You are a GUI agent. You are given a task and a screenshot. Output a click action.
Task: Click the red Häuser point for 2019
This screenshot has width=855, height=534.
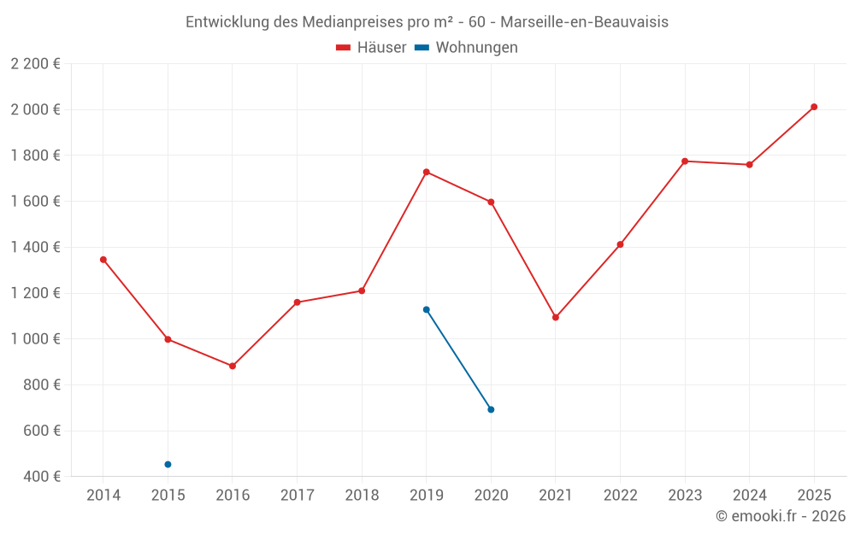pyautogui.click(x=426, y=172)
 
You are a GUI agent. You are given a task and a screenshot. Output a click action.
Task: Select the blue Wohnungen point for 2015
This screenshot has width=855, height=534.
pyautogui.click(x=168, y=464)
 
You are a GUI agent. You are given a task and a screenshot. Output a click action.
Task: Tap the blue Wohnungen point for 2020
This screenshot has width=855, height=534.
pyautogui.click(x=491, y=409)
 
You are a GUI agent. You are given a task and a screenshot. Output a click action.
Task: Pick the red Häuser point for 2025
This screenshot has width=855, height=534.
pyautogui.click(x=814, y=107)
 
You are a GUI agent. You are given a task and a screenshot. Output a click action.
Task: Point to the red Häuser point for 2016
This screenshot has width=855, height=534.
pyautogui.click(x=233, y=366)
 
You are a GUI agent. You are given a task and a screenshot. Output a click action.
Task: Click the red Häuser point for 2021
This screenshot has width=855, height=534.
pyautogui.click(x=556, y=317)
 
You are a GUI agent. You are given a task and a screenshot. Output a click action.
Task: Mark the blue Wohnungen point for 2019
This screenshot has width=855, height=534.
pyautogui.click(x=426, y=309)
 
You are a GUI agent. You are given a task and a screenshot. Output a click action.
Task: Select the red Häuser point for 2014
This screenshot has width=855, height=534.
pyautogui.click(x=103, y=259)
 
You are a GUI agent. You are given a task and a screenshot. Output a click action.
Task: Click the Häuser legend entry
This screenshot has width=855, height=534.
pyautogui.click(x=371, y=48)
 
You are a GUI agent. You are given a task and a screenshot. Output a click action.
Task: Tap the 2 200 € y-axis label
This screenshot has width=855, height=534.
pyautogui.click(x=35, y=63)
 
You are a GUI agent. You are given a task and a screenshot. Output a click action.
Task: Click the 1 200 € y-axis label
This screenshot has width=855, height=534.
pyautogui.click(x=35, y=293)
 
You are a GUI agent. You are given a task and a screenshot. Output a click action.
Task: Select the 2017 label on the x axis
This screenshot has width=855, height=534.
pyautogui.click(x=297, y=495)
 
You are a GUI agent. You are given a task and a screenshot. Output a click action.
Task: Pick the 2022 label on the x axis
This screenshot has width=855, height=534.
pyautogui.click(x=620, y=495)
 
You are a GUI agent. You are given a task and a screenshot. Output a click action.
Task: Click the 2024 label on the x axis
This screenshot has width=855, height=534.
pyautogui.click(x=749, y=495)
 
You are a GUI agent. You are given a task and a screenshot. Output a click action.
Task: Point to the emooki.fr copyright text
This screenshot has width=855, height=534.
pyautogui.click(x=781, y=516)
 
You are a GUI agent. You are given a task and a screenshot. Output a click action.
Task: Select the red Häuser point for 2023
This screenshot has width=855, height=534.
pyautogui.click(x=685, y=161)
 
